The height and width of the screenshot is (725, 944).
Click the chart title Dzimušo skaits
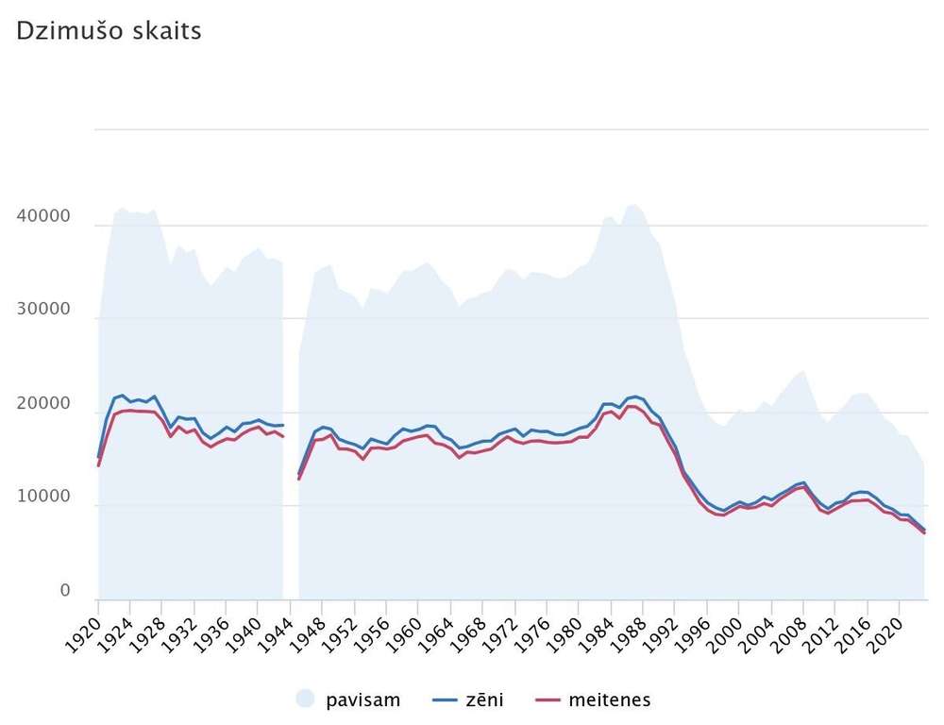tap(109, 31)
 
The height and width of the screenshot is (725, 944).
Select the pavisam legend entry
tap(348, 700)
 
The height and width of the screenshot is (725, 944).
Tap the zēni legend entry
tap(468, 700)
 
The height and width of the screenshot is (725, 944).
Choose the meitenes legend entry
tap(593, 700)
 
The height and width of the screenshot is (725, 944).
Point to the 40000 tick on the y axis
tap(43, 216)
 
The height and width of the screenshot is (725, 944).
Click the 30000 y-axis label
tap(43, 310)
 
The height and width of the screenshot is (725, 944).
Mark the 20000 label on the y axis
tap(43, 404)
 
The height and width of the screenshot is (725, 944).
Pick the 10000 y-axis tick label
tap(43, 497)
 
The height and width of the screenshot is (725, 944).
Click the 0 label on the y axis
tap(65, 591)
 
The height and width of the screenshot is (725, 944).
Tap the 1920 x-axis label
tap(83, 634)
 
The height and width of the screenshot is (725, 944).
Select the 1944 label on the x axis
tap(275, 634)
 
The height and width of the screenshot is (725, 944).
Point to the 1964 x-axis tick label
tap(435, 634)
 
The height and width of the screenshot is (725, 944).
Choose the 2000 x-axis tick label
tap(723, 634)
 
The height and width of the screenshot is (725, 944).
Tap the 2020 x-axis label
tap(884, 634)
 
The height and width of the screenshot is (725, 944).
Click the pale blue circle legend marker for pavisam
tap(305, 699)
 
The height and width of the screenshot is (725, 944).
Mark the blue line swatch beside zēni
tap(445, 700)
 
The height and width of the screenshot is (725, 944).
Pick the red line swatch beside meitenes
tap(548, 700)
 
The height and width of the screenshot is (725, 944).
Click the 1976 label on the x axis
tap(531, 634)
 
